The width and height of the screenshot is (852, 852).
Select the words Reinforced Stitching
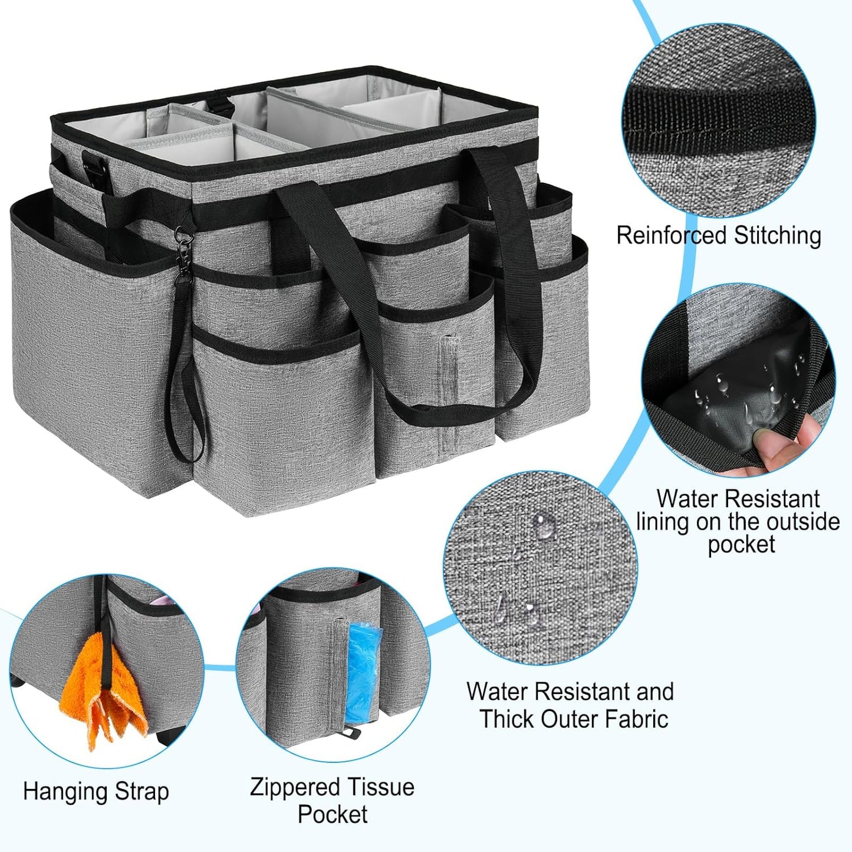718,236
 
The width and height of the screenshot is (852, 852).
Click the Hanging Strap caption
96,791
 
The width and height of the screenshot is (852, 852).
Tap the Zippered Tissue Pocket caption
332,800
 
